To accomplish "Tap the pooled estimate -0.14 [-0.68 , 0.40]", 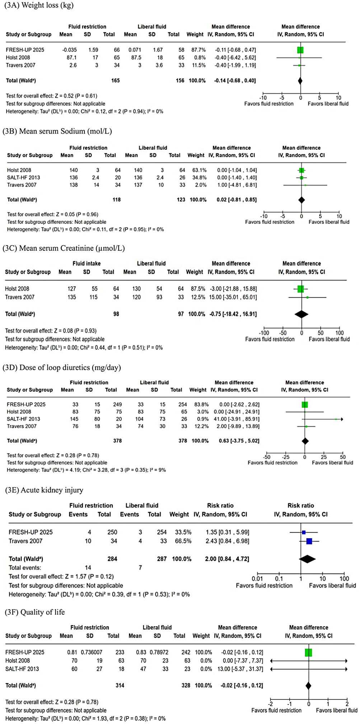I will (235, 80).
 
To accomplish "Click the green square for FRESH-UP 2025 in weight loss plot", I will (300, 50).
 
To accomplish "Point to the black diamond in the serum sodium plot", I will (301, 200).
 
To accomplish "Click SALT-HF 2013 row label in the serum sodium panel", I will (24, 177).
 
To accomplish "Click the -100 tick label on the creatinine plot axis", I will (264, 333).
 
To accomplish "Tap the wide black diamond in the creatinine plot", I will (301, 314).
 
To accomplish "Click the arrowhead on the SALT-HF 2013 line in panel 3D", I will (342, 419).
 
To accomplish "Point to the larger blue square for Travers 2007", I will (309, 541).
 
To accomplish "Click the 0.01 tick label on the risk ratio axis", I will (257, 578).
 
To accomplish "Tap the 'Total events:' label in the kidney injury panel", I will (25, 568).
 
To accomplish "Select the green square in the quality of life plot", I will (308, 652).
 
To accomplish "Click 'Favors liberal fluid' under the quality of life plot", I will (336, 710).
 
